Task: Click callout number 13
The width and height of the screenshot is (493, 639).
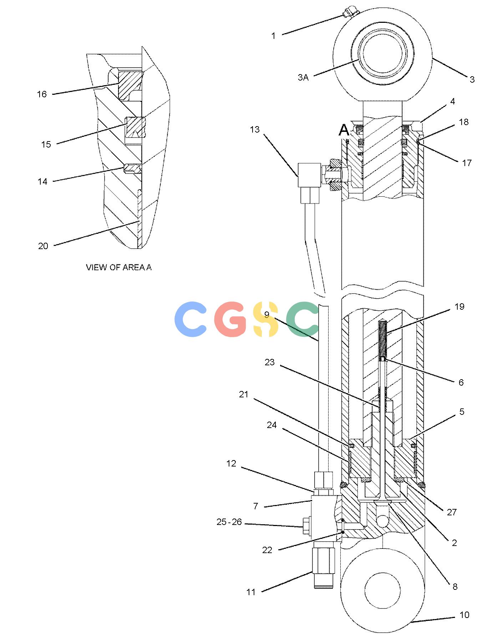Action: click(255, 129)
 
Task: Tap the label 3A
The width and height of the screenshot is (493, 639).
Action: click(303, 77)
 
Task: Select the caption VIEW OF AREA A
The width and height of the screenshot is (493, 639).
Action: click(119, 267)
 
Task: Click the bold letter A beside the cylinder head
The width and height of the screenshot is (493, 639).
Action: click(344, 130)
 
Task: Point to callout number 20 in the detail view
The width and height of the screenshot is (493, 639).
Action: click(43, 246)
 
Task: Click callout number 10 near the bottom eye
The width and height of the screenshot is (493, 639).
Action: click(464, 615)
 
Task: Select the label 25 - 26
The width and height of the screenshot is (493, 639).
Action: click(229, 522)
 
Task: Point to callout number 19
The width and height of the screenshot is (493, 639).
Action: click(459, 306)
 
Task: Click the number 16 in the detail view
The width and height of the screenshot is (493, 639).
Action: click(42, 94)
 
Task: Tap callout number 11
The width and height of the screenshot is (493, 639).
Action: click(251, 592)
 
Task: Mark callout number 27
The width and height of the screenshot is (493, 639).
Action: click(452, 512)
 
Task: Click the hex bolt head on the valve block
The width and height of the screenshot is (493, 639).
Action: click(306, 526)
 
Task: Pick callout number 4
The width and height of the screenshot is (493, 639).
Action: click(453, 102)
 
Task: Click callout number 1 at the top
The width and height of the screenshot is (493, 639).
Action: click(274, 36)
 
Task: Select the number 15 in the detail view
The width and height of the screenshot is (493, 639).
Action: click(46, 144)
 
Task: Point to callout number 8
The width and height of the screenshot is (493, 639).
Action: click(455, 587)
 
